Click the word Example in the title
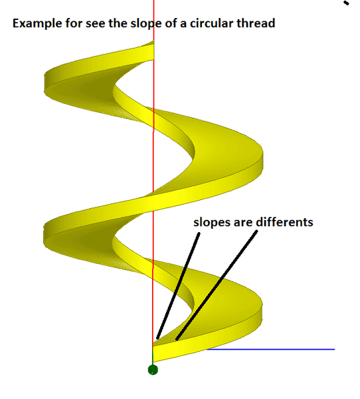coord(37,24)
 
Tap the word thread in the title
coord(256,23)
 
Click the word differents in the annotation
coord(284,222)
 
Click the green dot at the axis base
coord(153,370)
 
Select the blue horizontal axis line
coord(271,349)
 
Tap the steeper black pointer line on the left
coord(178,286)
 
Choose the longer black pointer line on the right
coord(217,285)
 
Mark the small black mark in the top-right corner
coord(346,3)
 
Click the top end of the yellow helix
coord(153,51)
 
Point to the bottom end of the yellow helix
coord(153,354)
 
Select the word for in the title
coord(74,23)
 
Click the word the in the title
coord(118,23)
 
